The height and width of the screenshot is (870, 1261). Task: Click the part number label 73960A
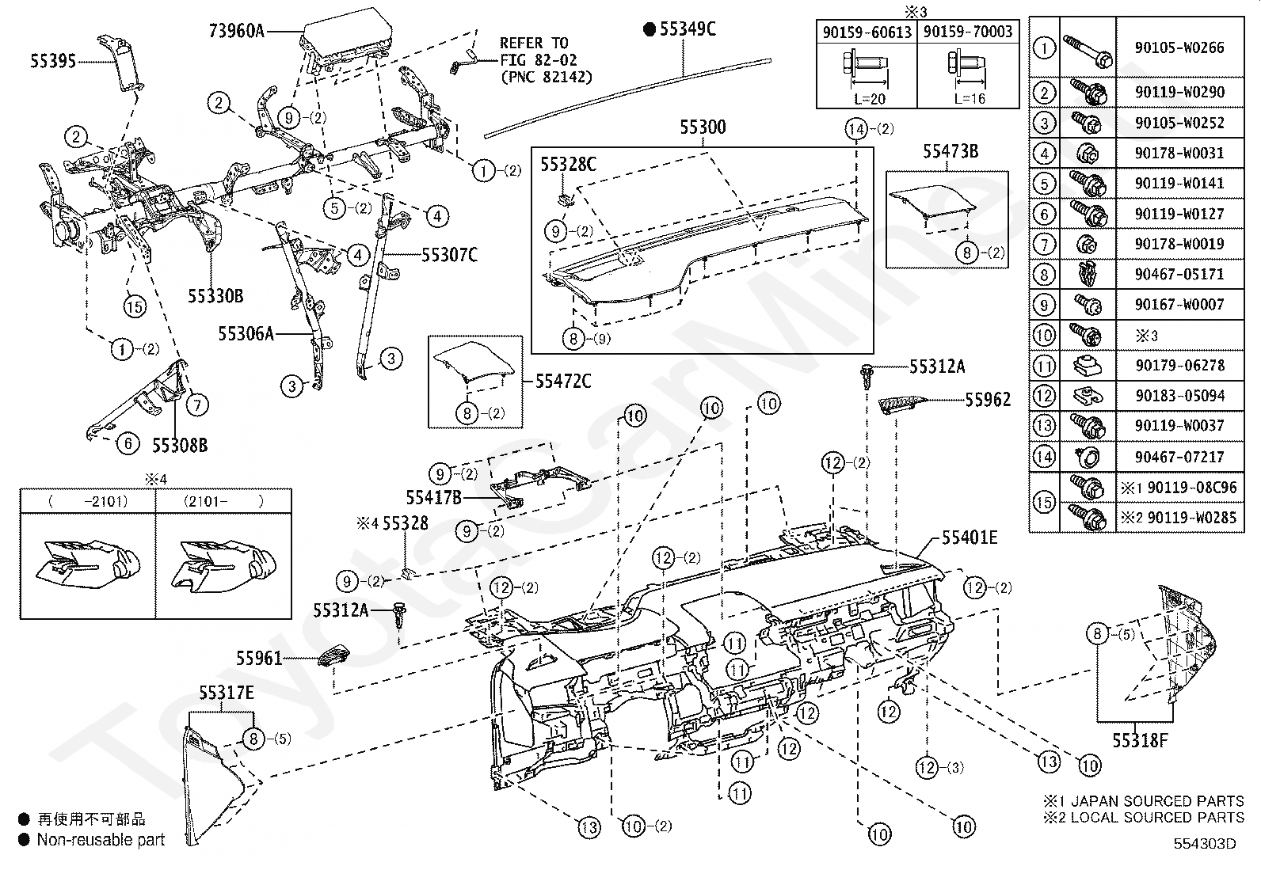(x=236, y=32)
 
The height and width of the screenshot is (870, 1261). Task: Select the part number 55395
(x=53, y=61)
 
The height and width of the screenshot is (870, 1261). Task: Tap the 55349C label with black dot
(x=680, y=30)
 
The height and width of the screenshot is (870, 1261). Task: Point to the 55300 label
(x=703, y=127)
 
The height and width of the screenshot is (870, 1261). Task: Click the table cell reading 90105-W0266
(x=1179, y=47)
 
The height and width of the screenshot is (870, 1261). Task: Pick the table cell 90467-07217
(x=1179, y=457)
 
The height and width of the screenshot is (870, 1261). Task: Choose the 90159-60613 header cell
(x=867, y=32)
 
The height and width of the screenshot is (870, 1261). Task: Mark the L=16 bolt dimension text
(x=968, y=99)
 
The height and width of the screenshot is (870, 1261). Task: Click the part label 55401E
(x=969, y=538)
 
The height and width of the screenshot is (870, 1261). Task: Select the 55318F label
(x=1140, y=740)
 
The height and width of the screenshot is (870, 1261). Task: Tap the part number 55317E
(x=227, y=693)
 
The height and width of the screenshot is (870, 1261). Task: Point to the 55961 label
(x=259, y=658)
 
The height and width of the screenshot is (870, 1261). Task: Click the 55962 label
(x=988, y=400)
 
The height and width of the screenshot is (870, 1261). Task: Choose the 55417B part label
(x=433, y=497)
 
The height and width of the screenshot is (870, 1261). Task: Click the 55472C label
(x=562, y=382)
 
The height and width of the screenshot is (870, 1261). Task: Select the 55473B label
(x=950, y=151)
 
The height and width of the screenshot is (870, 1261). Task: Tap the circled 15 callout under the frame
(x=135, y=306)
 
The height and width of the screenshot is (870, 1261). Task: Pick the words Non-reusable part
(x=101, y=840)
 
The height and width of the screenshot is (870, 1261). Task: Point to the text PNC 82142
(x=546, y=78)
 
